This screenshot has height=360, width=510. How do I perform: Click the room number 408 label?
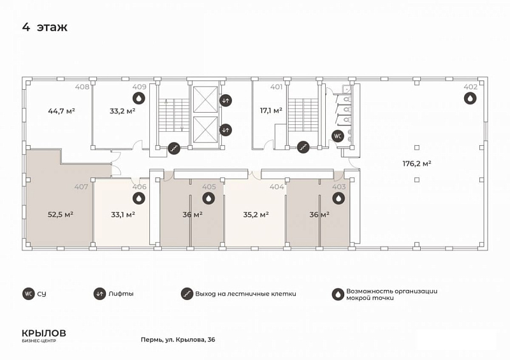[x=82, y=87]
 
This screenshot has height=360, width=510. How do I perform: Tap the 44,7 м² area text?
[x=61, y=111]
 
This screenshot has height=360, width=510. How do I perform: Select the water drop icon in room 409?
[x=139, y=98]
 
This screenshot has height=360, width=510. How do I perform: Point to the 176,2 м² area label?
[x=417, y=163]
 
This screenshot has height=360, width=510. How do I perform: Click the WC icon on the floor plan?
[x=338, y=136]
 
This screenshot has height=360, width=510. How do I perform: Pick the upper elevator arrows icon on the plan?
[x=226, y=101]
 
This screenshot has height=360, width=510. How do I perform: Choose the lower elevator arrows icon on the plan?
[x=226, y=130]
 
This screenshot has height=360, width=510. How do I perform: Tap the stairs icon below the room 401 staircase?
[x=303, y=147]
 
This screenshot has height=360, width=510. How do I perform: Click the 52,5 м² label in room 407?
[x=61, y=215]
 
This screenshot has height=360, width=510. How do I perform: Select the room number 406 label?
[x=140, y=187]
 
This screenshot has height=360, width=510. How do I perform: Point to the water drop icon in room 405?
[x=208, y=198]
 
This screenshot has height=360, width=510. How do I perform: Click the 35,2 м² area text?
[x=256, y=215]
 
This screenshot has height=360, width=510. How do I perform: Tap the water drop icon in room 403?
[x=339, y=198]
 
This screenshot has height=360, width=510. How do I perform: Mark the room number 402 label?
[x=470, y=87]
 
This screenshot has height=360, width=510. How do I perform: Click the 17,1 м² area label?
[x=271, y=111]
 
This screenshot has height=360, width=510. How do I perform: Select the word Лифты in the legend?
[x=121, y=294]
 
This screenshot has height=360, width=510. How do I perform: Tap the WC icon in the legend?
[x=29, y=294]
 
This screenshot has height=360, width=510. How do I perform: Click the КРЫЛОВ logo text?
[x=44, y=333]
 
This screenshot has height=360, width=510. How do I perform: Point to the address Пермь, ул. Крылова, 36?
[x=178, y=340]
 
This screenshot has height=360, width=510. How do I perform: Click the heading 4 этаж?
[x=45, y=27]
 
